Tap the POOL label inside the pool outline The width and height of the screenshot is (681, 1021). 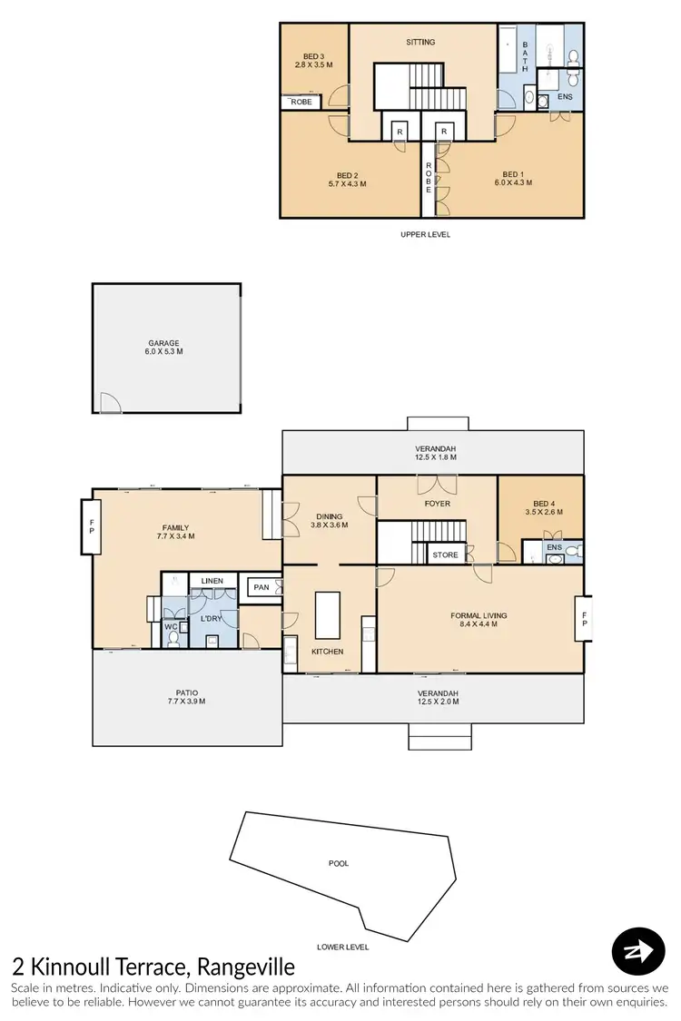click(338, 863)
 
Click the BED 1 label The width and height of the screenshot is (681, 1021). click(513, 174)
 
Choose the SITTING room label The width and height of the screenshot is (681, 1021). click(420, 42)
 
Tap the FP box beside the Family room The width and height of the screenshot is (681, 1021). click(91, 525)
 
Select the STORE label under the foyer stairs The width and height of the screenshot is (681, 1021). click(445, 554)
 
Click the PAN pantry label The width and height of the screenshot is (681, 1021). click(262, 587)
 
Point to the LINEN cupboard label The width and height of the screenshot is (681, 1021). click(212, 580)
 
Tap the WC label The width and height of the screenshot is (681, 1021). click(170, 626)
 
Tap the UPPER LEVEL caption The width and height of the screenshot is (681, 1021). click(425, 234)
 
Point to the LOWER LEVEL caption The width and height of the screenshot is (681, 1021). click(342, 947)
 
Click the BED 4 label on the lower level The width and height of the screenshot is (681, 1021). click(543, 504)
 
